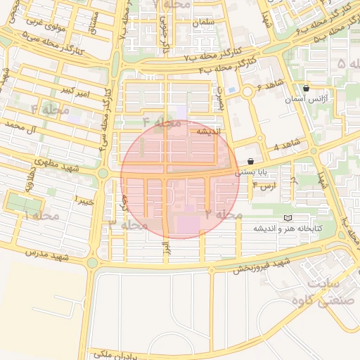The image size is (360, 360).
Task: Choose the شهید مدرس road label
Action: (48, 252)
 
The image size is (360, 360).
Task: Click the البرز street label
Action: (166, 249)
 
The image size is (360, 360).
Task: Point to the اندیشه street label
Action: (209, 131)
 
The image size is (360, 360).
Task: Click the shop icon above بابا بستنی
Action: (251, 161)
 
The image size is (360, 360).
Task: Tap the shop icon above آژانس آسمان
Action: (307, 89)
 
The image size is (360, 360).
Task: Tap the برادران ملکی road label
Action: (111, 354)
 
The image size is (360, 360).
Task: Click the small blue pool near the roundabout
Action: (231, 90)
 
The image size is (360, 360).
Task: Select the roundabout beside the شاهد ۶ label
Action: (247, 92)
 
